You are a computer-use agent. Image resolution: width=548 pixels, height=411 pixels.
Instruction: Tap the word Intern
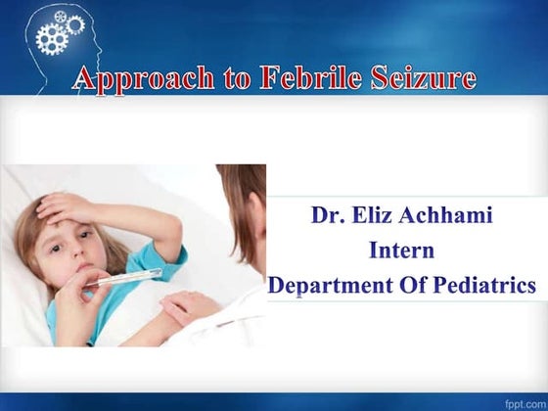click(401, 251)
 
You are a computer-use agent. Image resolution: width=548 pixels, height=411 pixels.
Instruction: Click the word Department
click(331, 286)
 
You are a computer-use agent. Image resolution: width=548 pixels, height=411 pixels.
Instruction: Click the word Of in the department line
click(411, 286)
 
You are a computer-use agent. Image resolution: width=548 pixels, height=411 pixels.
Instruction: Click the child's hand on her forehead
click(65, 206)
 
